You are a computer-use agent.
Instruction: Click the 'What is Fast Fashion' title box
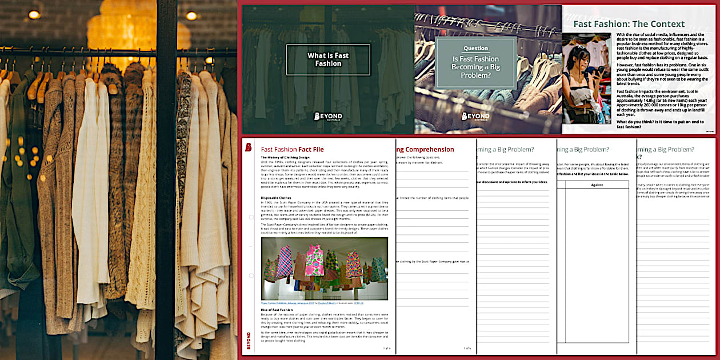[328, 59]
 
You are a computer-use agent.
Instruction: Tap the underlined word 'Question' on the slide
[475, 48]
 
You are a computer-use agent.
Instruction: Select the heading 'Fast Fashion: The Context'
[629, 24]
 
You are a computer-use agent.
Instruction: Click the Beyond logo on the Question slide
[475, 116]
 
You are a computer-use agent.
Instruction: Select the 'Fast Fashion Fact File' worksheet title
[292, 149]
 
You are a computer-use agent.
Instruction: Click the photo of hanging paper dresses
[324, 268]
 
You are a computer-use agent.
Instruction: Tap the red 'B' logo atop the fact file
[249, 147]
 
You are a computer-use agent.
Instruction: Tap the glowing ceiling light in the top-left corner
[36, 15]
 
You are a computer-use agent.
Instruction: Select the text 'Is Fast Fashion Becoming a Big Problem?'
[475, 67]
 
